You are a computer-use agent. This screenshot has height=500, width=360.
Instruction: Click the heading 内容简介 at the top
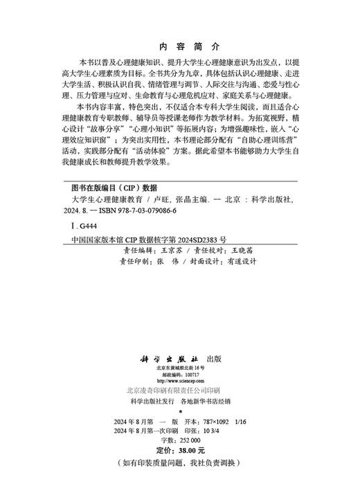click(179, 45)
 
